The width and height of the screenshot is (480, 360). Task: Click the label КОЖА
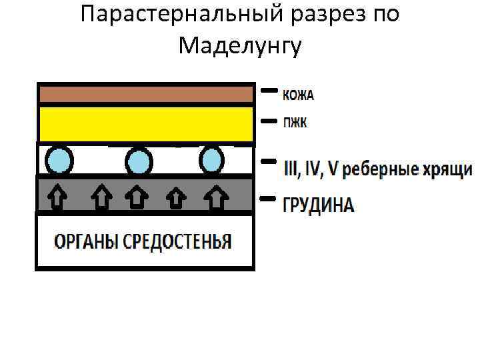(298, 95)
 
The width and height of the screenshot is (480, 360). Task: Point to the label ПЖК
(294, 123)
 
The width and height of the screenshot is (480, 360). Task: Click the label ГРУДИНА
(318, 205)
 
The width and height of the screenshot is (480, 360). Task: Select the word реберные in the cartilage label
(375, 169)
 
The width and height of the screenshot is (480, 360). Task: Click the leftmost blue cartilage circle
(59, 161)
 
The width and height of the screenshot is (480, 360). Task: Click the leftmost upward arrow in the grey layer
(59, 196)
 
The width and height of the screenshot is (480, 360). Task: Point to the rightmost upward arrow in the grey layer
(215, 196)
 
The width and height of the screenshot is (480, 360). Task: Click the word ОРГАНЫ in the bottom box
(83, 241)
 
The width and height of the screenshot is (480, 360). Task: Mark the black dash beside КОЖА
(269, 89)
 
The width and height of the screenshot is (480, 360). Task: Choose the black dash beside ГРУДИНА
(268, 198)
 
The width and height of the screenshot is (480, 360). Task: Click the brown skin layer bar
(146, 94)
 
